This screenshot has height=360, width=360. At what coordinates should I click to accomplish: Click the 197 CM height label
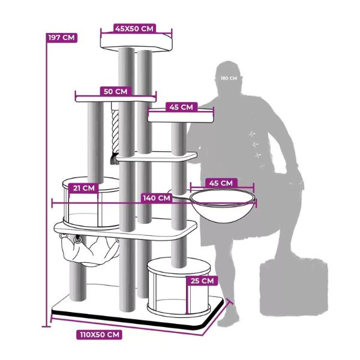[62, 37]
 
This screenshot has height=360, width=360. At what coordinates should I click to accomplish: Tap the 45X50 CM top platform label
[134, 29]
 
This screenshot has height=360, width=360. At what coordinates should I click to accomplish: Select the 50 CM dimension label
[115, 91]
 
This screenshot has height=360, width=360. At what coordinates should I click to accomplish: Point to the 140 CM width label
[157, 198]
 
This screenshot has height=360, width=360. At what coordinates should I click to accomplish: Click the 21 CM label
[84, 188]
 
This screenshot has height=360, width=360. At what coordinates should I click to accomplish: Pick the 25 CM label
[202, 281]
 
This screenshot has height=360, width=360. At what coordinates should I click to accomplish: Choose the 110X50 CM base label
[100, 334]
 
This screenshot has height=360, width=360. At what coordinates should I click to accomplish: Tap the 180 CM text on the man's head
[229, 78]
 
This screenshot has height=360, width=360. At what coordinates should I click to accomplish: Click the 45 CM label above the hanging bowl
[221, 183]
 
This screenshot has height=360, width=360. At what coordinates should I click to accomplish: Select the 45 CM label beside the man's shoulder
[181, 107]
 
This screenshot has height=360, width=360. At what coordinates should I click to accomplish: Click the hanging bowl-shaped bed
[222, 206]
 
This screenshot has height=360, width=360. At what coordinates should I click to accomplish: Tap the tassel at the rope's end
[115, 159]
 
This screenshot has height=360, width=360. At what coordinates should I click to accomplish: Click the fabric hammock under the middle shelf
[89, 250]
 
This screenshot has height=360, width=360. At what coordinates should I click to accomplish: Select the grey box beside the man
[294, 287]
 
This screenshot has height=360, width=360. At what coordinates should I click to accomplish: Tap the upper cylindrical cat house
[91, 203]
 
